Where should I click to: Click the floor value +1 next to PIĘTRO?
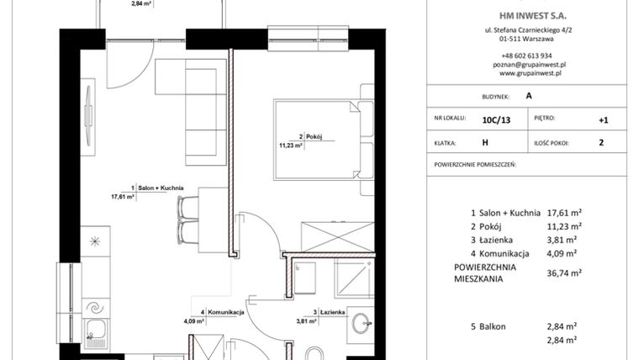603,120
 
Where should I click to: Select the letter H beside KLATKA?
485,143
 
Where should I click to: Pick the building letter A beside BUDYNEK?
528,97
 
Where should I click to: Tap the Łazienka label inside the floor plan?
328,312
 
